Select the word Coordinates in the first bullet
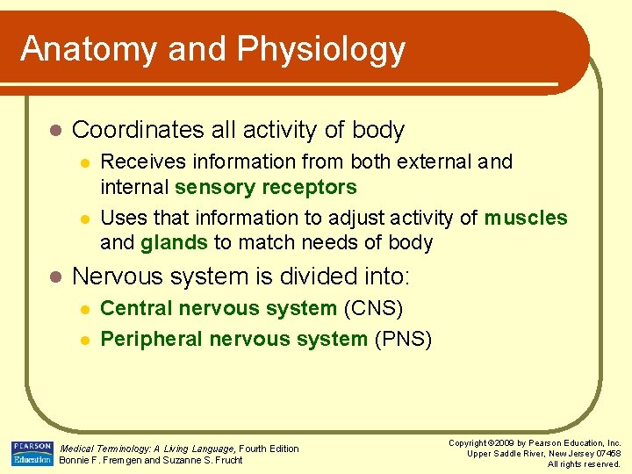pyautogui.click(x=139, y=130)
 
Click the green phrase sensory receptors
pyautogui.click(x=266, y=187)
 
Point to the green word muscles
pyautogui.click(x=525, y=218)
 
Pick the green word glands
pyautogui.click(x=174, y=242)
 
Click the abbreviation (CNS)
pyautogui.click(x=373, y=308)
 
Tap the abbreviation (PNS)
pyautogui.click(x=402, y=339)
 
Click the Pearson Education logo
pyautogui.click(x=32, y=453)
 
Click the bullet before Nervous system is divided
pyautogui.click(x=54, y=277)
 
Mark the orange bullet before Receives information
pyautogui.click(x=84, y=162)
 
